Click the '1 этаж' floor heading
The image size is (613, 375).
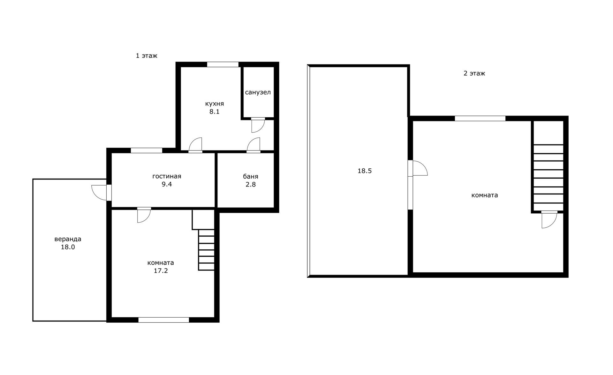147,56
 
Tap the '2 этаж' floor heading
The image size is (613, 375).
474,73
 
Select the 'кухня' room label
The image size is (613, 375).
215,104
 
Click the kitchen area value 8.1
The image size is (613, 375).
215,112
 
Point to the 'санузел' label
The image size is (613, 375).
258,92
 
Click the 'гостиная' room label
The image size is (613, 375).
167,176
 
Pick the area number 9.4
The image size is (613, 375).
167,184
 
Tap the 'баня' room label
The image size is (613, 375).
251,177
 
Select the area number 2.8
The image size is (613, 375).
251,184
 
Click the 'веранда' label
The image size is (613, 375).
68,239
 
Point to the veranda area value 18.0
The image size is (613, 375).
68,247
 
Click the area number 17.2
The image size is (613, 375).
161,271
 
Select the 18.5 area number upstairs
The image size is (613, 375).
365,171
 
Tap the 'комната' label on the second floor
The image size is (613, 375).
485,195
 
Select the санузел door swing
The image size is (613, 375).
258,125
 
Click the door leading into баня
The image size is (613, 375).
254,145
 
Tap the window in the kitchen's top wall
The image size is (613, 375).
223,64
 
